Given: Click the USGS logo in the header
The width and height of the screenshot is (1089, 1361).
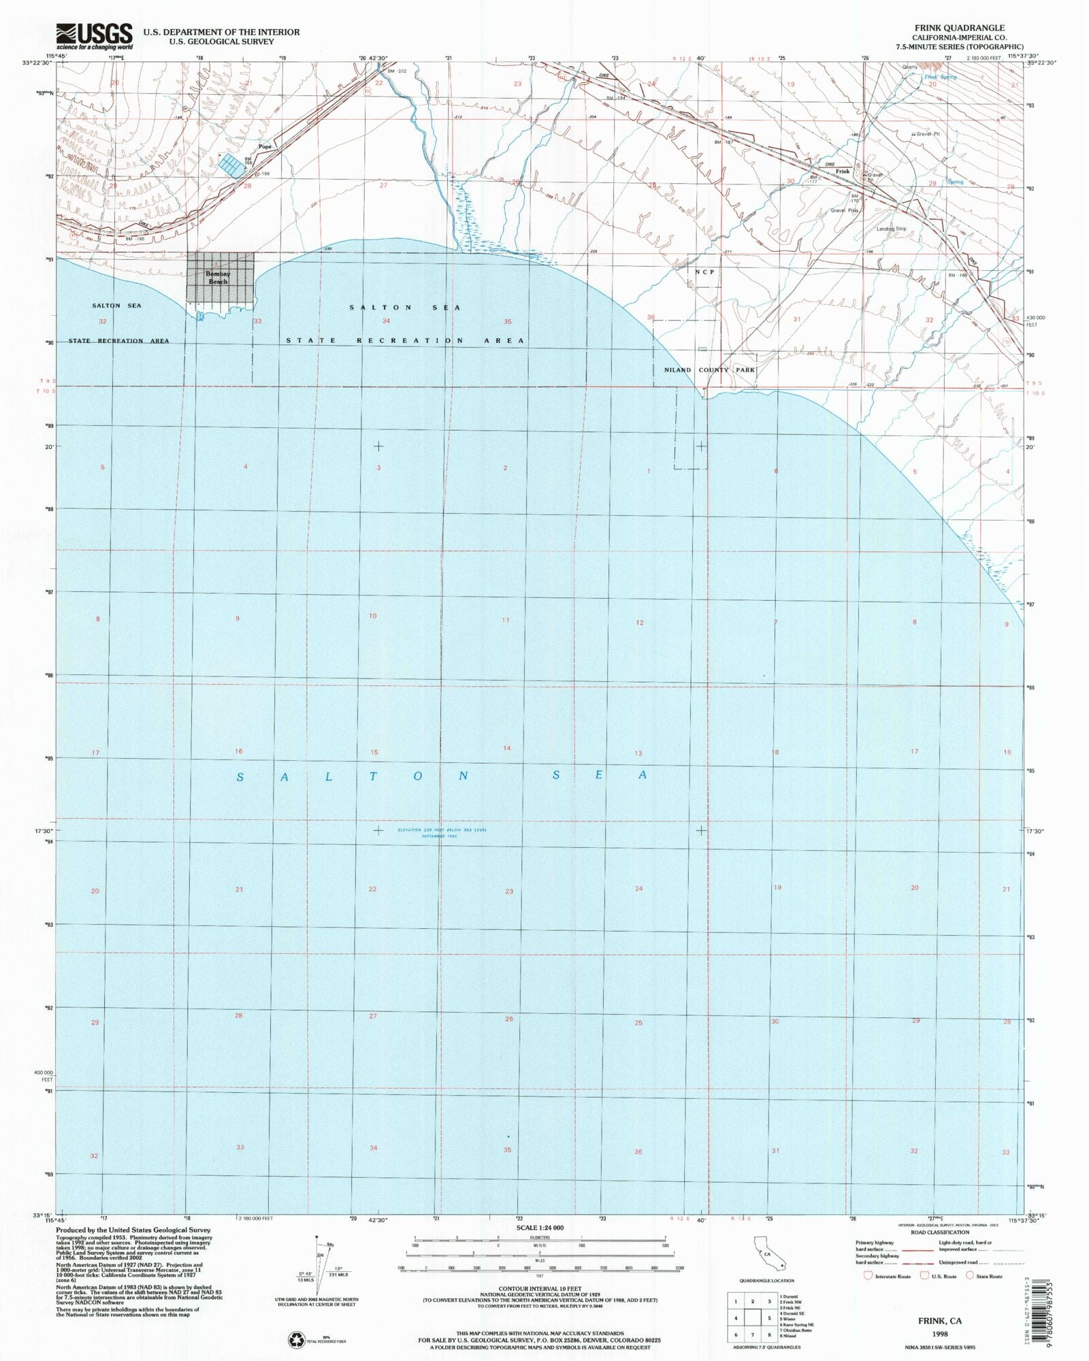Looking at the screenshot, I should pos(94,36).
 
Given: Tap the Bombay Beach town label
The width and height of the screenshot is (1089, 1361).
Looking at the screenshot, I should pos(218,278).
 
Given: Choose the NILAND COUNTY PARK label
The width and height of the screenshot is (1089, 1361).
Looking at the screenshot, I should pos(709,370).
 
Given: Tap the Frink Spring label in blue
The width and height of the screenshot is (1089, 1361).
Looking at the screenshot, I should pos(940,77).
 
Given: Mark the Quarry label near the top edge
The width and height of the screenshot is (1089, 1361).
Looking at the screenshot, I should pos(909,67).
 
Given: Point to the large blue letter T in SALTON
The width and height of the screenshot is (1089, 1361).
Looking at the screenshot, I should pos(373,776).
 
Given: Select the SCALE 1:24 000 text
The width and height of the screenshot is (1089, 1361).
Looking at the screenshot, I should pos(540,1228).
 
